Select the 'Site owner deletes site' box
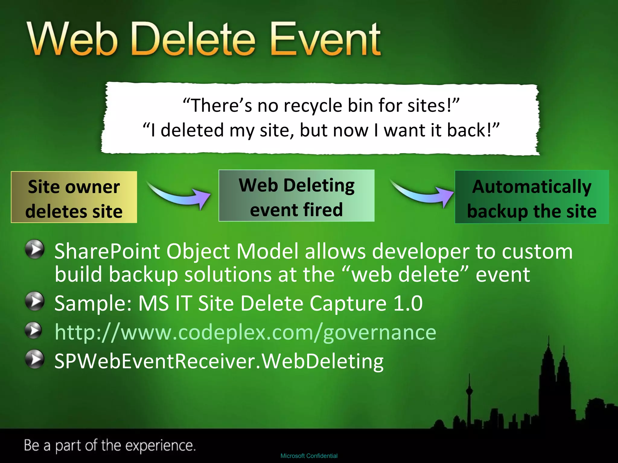pyautogui.click(x=74, y=197)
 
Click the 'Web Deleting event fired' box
pyautogui.click(x=296, y=196)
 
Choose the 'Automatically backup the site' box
pyautogui.click(x=532, y=197)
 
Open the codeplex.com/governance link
pyautogui.click(x=245, y=332)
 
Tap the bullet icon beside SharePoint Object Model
pyautogui.click(x=35, y=249)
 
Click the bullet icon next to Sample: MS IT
pyautogui.click(x=35, y=301)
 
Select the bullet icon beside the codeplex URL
pyautogui.click(x=33, y=331)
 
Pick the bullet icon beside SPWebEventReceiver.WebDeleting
pyautogui.click(x=35, y=359)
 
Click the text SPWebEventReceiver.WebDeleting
pyautogui.click(x=219, y=361)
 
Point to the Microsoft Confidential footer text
pyautogui.click(x=309, y=456)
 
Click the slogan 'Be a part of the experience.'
pyautogui.click(x=110, y=446)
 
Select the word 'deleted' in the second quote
pyautogui.click(x=192, y=130)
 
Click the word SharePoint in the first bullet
pyautogui.click(x=107, y=251)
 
